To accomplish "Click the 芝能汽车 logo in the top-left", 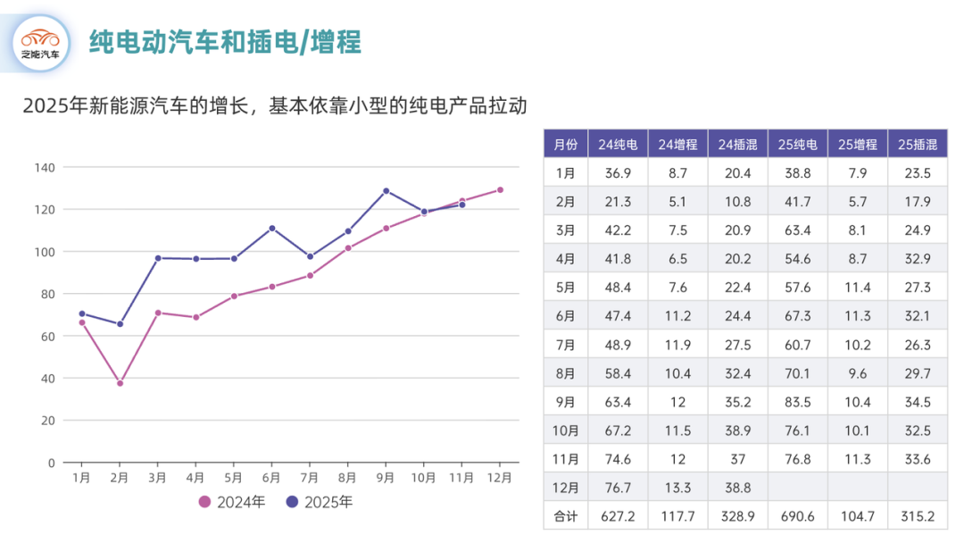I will [x=42, y=43].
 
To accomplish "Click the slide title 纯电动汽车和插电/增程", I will [x=224, y=42].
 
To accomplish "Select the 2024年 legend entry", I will [x=232, y=502].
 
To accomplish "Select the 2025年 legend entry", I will [x=319, y=502].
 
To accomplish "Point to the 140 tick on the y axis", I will [x=45, y=168].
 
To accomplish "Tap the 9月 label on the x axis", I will [x=386, y=478].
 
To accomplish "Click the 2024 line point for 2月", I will [x=120, y=383].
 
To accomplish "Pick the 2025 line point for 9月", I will [x=386, y=190].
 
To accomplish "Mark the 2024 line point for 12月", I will [x=500, y=189].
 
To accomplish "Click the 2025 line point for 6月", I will [x=272, y=228].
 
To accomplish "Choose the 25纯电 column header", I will [x=797, y=144].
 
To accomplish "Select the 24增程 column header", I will [x=677, y=144].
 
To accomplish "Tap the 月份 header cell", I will [x=566, y=144].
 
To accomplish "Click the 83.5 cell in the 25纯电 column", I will [x=797, y=402].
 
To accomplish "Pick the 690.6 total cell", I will [x=797, y=516].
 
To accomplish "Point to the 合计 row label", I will [x=566, y=516].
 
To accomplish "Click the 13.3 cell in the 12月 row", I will [x=677, y=488].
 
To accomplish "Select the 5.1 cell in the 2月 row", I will [x=677, y=201].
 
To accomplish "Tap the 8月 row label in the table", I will [x=566, y=373].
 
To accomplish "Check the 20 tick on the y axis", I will [x=48, y=421].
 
